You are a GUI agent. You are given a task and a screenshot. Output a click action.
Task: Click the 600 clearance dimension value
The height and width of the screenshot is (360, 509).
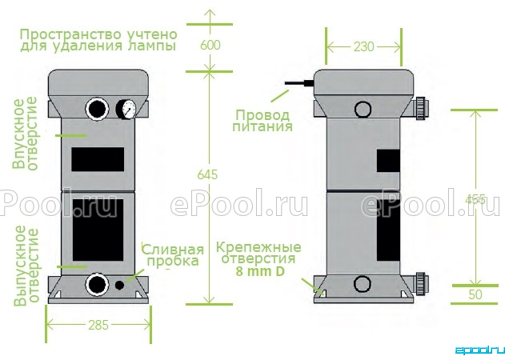pos(210,45)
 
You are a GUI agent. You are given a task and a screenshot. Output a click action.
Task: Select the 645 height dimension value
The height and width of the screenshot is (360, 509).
pos(207,174)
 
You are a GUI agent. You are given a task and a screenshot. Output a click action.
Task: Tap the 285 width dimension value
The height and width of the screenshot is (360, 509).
pos(98,325)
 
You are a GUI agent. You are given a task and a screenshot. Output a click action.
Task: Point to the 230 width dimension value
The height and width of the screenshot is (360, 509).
pos(363,46)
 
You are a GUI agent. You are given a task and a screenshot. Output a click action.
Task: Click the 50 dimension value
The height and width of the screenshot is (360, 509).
pos(475,294)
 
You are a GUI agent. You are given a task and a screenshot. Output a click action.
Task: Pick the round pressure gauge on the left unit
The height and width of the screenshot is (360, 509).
pos(127,109)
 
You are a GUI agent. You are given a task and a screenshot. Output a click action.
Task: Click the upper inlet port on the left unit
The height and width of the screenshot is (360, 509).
pos(97,109)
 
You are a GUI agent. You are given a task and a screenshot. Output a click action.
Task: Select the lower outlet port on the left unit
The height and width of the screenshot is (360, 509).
pos(97,285)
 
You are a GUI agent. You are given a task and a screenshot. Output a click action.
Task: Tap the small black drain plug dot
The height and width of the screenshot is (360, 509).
pos(119,285)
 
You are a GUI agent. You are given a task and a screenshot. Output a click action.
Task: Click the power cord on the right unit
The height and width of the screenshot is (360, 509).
pos(299,83)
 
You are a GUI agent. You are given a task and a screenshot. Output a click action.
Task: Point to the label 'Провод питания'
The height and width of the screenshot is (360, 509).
pos(263,121)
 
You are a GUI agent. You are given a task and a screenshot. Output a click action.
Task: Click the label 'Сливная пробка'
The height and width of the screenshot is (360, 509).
pos(173,255)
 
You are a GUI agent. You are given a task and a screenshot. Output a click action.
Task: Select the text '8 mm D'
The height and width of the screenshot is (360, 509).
pos(260,271)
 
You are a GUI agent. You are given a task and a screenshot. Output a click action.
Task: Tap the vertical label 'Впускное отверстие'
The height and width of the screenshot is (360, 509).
pos(25,134)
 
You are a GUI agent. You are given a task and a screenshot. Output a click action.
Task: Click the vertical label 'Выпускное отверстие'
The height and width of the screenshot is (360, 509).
pos(26,266)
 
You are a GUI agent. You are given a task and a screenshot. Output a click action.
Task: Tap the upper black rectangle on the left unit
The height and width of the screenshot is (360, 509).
pos(98,159)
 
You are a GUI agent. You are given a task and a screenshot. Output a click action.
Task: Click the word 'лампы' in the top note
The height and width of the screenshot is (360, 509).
pos(152,46)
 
